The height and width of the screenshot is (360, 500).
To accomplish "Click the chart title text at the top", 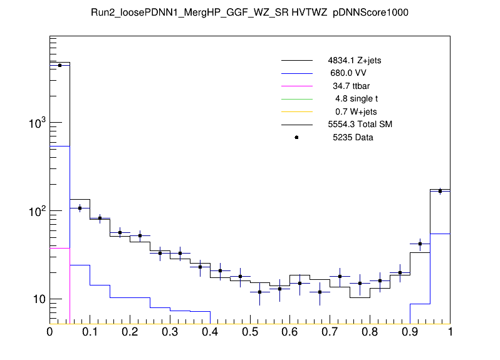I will (x=249, y=13).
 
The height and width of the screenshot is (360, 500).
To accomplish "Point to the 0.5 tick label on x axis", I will (x=250, y=332).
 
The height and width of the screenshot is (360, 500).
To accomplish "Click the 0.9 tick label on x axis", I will (x=410, y=332).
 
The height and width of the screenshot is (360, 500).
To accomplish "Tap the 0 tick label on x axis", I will (x=50, y=332).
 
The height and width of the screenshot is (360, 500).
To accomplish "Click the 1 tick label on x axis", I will (x=450, y=332).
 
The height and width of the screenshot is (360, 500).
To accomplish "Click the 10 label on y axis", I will (x=39, y=299).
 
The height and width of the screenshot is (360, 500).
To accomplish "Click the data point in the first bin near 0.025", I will (x=60, y=65).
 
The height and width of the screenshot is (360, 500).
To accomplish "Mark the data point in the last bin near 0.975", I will (x=440, y=191).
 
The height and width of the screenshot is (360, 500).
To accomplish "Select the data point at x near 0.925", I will (x=420, y=244).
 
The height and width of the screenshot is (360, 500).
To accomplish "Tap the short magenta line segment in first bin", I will (x=60, y=248).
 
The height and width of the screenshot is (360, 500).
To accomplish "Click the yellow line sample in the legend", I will (x=296, y=111).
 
